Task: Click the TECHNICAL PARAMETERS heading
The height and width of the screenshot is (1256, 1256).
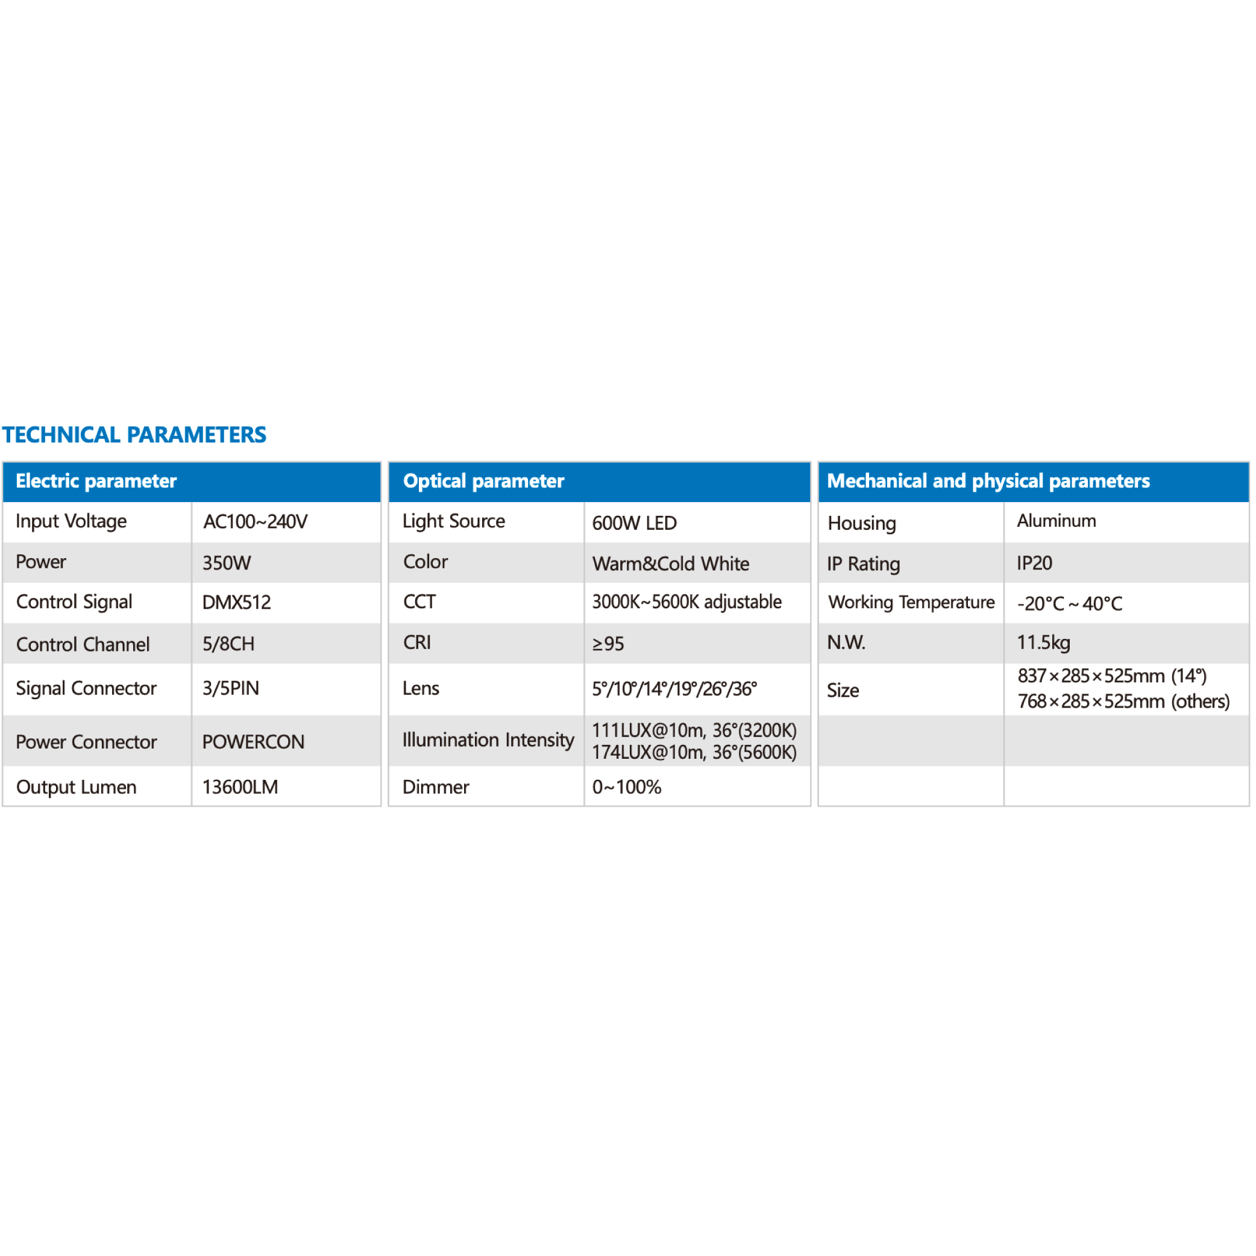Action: (134, 435)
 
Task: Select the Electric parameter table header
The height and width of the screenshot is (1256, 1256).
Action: (96, 481)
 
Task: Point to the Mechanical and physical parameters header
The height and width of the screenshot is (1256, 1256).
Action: (988, 481)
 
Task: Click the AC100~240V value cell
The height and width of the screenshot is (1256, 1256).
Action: (255, 522)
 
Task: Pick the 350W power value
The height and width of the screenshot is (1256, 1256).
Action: (226, 563)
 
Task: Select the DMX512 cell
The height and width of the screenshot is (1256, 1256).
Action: (236, 603)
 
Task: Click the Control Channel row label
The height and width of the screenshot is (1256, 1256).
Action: (83, 644)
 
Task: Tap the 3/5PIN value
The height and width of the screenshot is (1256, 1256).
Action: (230, 688)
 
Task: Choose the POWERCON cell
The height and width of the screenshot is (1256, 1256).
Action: (253, 742)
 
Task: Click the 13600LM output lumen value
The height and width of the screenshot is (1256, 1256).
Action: (240, 787)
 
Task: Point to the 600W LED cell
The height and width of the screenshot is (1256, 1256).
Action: (634, 523)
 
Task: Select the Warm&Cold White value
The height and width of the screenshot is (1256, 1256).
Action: (670, 564)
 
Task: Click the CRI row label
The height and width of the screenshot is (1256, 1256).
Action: (416, 643)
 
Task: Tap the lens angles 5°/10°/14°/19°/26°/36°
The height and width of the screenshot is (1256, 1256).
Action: (674, 689)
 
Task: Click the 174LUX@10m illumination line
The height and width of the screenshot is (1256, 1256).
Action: (694, 753)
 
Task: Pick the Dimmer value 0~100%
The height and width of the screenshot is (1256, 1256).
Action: (626, 787)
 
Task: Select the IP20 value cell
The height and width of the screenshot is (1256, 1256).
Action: (1034, 563)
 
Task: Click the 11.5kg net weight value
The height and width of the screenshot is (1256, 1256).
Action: (1043, 643)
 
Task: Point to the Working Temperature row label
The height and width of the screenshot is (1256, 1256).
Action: (911, 603)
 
